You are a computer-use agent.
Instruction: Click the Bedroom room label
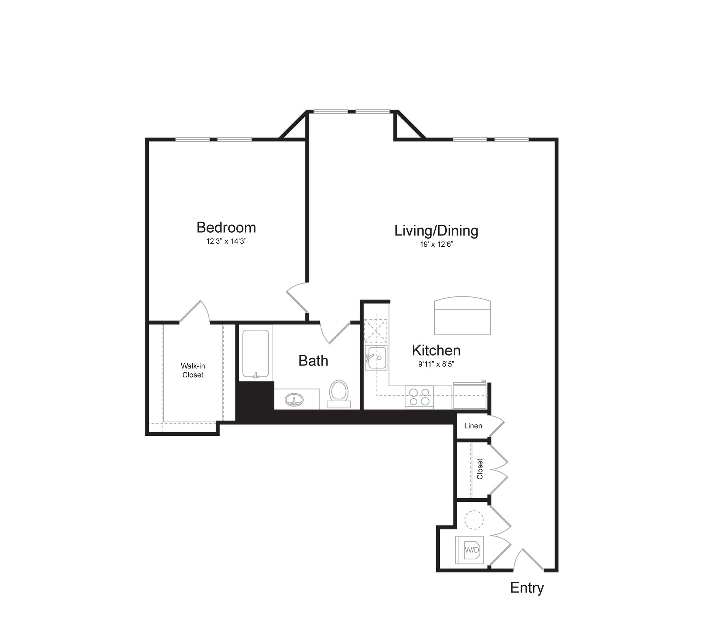tap(226, 227)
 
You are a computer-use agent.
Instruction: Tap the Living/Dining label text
tap(436, 230)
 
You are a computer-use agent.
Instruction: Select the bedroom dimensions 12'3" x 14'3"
tap(226, 241)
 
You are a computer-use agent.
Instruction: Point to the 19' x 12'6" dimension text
tap(436, 244)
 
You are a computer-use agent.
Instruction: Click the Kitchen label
tap(436, 350)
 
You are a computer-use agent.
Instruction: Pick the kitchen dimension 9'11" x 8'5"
tap(436, 364)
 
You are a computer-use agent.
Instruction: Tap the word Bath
tap(313, 361)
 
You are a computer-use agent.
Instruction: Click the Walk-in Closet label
tap(193, 370)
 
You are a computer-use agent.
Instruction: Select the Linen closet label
tap(473, 426)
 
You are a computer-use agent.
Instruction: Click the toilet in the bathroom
tap(339, 393)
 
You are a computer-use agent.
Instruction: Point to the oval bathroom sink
tap(294, 400)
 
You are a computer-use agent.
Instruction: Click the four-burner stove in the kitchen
tap(419, 397)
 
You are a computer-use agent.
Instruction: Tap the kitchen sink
tap(376, 357)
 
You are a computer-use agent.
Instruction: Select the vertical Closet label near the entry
tap(480, 469)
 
